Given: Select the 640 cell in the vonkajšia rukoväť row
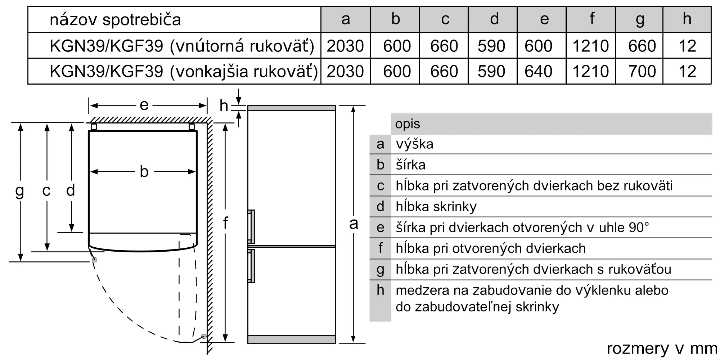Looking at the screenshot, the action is click(538, 71).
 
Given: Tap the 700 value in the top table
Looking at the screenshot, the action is click(642, 71).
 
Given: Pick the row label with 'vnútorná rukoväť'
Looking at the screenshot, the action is click(182, 46).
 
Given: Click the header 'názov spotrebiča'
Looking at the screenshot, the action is click(115, 19).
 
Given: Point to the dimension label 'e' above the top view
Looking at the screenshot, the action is click(144, 105).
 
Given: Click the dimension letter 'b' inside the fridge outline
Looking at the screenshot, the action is click(144, 172).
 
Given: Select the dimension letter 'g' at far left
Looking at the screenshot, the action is click(20, 191).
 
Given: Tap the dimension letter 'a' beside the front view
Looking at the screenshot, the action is click(354, 224).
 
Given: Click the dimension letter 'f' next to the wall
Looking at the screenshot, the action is click(225, 223).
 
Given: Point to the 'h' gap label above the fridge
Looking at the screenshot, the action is click(224, 106).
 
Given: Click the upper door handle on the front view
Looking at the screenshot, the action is click(251, 227).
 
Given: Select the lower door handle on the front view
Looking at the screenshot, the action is click(251, 266).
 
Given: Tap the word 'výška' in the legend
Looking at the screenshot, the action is click(414, 144).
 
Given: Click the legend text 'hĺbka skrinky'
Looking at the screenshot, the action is click(436, 207).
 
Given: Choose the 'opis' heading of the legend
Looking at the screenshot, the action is click(408, 124).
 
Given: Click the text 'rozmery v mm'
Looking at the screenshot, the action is click(662, 348).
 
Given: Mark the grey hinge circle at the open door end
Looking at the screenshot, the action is click(204, 336).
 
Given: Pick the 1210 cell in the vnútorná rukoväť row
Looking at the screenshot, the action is click(590, 46).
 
